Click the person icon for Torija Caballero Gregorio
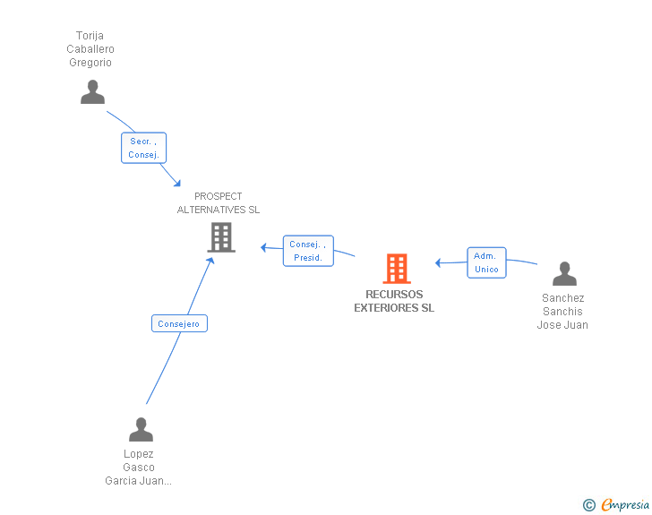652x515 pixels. [92, 92]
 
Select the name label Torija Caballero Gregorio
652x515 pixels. [90, 49]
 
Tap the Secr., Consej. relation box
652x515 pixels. [144, 148]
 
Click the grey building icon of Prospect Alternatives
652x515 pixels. [220, 237]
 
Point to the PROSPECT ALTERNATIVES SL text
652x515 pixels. [219, 203]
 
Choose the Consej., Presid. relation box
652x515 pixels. [308, 251]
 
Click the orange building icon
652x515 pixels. [396, 268]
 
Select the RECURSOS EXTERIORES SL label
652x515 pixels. [394, 301]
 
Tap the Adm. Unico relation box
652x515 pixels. [486, 262]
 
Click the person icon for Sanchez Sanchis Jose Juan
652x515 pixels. [564, 274]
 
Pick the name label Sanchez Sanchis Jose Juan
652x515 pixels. [562, 312]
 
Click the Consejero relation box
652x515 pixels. [179, 323]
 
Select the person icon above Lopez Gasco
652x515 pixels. [141, 430]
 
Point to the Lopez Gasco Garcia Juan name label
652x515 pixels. [139, 468]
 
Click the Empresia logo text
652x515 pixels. [625, 504]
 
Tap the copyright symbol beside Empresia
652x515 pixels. [588, 505]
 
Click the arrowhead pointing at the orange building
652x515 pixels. [439, 262]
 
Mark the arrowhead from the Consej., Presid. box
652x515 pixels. [264, 246]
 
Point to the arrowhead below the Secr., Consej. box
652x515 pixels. [177, 183]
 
